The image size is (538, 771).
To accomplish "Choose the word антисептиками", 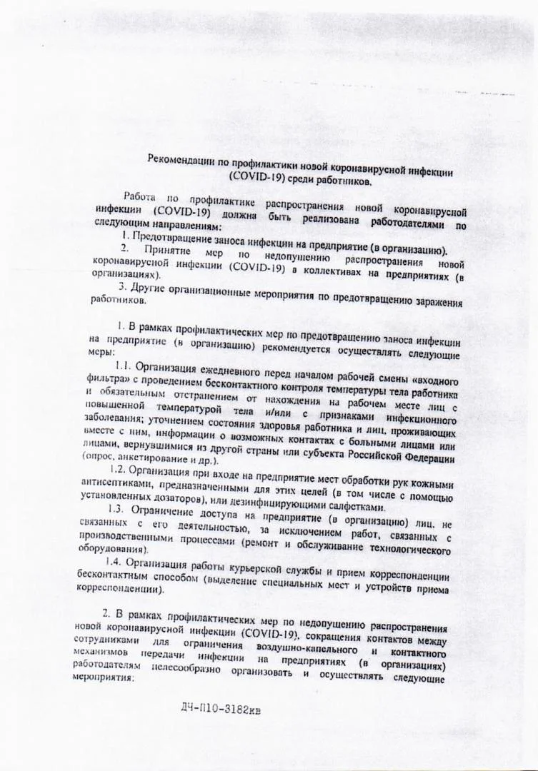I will click(x=106, y=483).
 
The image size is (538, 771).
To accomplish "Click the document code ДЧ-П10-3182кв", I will click(x=225, y=711).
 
